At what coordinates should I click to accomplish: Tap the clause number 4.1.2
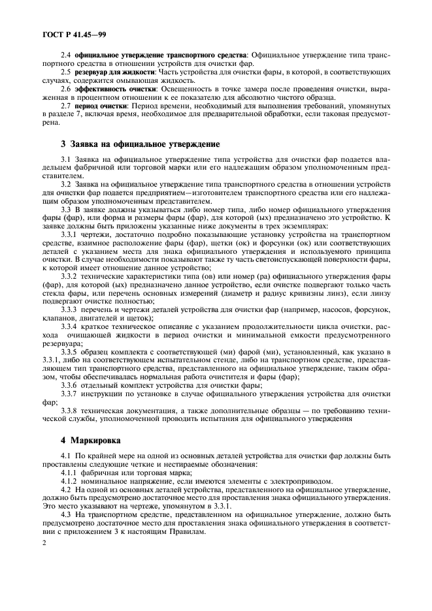(69, 482)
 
